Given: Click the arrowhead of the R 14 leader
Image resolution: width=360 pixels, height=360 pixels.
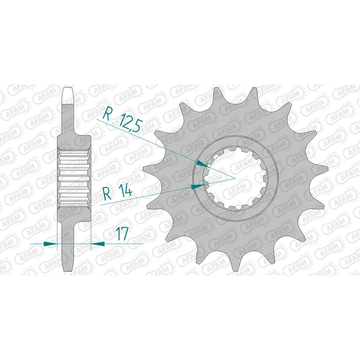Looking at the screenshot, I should pyautogui.click(x=198, y=186).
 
